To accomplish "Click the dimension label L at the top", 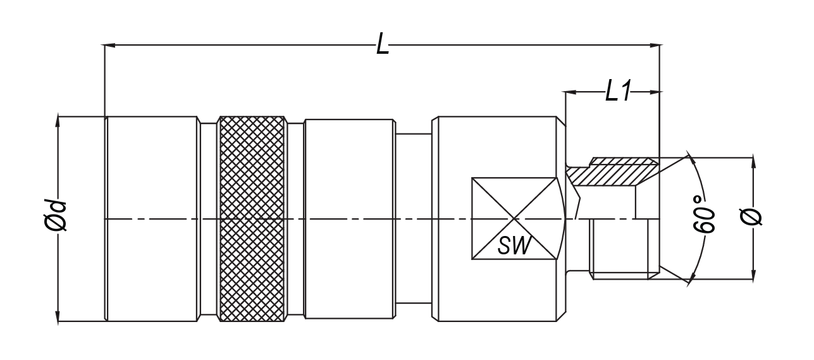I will pos(382,44).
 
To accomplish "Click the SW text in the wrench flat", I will pos(514,245).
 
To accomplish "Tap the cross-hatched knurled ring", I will pos(251,219).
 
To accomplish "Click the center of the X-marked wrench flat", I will pos(515,219).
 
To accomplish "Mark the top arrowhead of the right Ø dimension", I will pos(753,163).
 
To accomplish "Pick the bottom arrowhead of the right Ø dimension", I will pos(753,275).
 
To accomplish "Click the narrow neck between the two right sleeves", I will pos(413,219).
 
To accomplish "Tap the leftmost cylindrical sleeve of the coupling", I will pos(152,219).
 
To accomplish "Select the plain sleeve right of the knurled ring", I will pos(349,219).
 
